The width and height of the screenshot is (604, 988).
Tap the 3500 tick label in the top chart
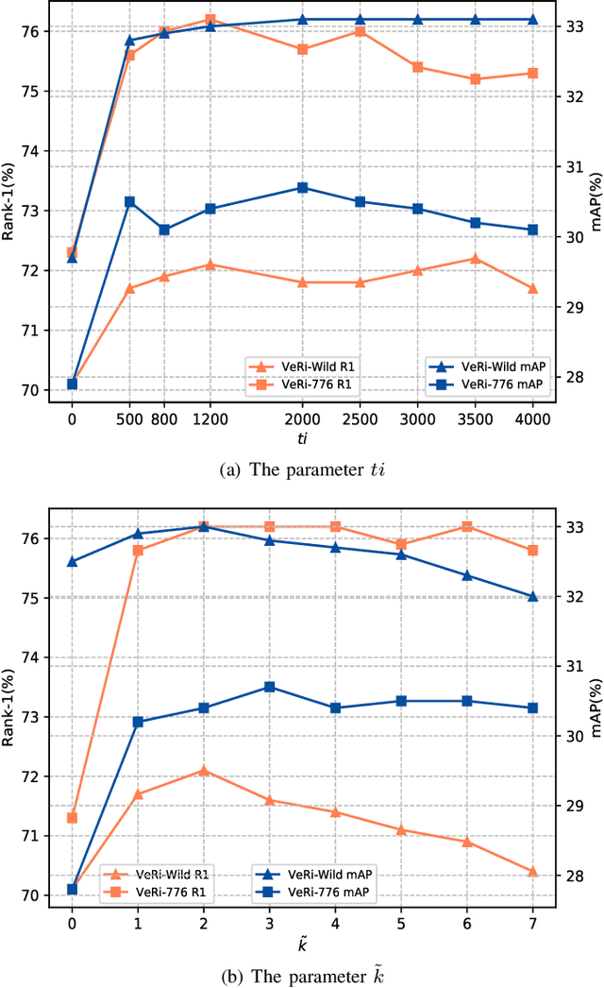475,417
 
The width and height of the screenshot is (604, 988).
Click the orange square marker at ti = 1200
210,19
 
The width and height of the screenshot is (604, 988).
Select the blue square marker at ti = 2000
303,187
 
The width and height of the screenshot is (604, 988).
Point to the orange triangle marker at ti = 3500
475,258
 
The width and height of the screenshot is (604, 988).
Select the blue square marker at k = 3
269,687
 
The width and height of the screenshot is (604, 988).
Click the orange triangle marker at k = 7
532,872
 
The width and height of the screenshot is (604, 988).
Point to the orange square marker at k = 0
72,817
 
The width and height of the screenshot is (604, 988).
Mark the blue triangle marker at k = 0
72,561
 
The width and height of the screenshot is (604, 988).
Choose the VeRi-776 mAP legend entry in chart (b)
319,892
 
